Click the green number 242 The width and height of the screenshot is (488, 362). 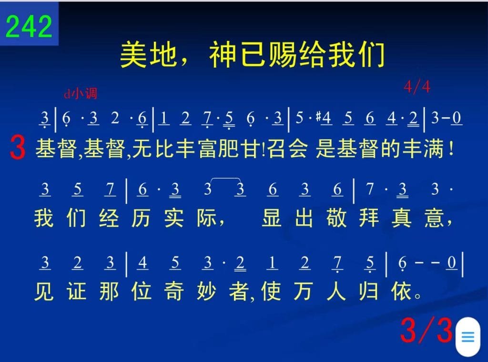click(29, 26)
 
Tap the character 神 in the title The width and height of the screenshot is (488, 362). click(223, 55)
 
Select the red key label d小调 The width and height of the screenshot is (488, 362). click(81, 93)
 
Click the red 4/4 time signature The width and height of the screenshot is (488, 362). click(417, 87)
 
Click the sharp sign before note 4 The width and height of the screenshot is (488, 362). click(318, 117)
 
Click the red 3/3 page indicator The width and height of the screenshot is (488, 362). click(426, 330)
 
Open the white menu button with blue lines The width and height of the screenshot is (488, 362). click(468, 336)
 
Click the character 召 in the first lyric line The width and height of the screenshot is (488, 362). click(277, 148)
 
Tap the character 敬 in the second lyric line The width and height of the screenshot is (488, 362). click(336, 218)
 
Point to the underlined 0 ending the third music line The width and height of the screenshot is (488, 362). click(452, 263)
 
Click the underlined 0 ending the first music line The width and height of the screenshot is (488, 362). click(457, 118)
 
